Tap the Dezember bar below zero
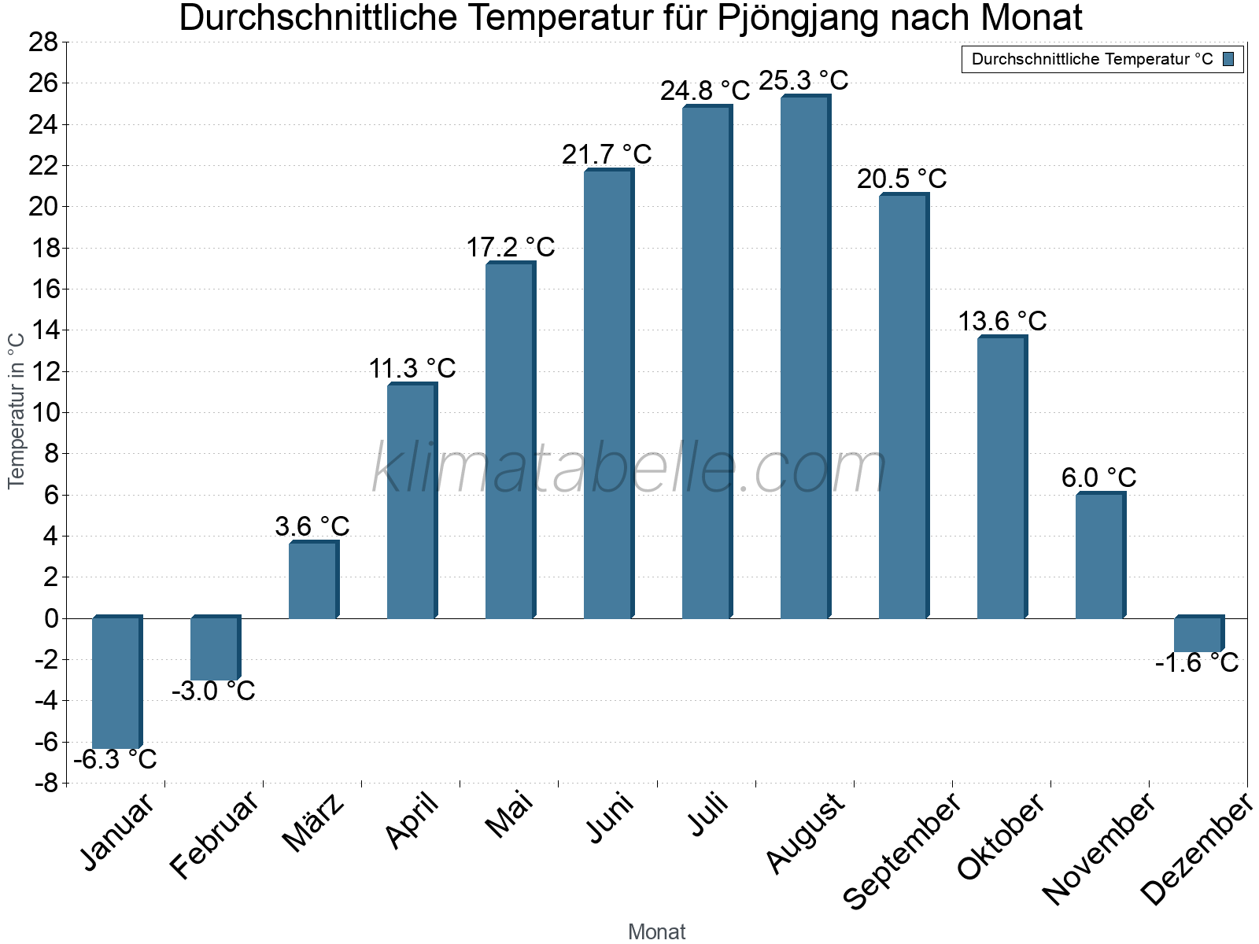[x=1198, y=634]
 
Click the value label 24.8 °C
[x=705, y=91]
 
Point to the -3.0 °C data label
[x=213, y=691]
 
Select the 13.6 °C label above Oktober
[x=1002, y=321]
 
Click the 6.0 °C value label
[x=1098, y=478]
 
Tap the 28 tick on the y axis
[x=44, y=42]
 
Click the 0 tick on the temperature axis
[x=51, y=618]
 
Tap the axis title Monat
[x=656, y=931]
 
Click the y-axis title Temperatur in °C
[x=17, y=410]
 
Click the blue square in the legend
[x=1228, y=59]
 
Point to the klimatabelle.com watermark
[x=629, y=469]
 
